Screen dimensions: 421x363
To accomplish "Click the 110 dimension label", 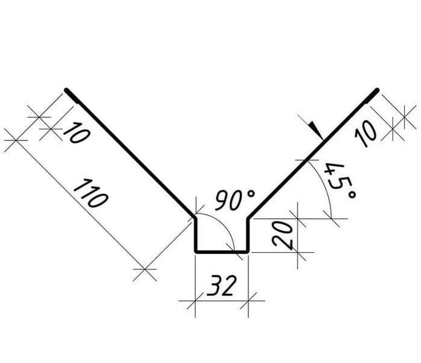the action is click(91, 194).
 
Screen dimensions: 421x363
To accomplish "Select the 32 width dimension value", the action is click(222, 286).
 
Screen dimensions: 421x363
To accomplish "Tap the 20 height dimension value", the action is click(282, 234).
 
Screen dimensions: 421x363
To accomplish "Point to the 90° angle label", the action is click(234, 200).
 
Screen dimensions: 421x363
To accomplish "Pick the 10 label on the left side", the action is click(76, 132).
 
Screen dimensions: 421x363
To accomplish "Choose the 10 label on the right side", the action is click(365, 134).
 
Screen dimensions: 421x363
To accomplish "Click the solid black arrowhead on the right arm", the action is click(316, 131).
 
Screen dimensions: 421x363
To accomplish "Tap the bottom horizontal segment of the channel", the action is click(222, 252).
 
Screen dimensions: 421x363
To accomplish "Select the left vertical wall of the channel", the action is click(196, 235).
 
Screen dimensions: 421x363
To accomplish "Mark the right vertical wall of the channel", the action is click(248, 235).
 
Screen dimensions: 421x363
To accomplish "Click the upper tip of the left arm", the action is click(66, 90).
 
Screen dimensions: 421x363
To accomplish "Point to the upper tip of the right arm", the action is click(377, 90).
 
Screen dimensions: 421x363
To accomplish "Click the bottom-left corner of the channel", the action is click(196, 252).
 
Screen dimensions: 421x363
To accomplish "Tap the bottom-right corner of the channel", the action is click(248, 252).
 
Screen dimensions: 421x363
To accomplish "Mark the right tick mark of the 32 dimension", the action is click(248, 301).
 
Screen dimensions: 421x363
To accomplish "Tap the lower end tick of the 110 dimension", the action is click(145, 269).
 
